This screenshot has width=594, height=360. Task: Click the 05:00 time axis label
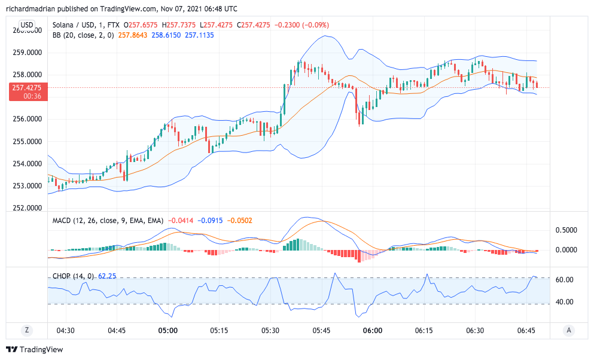click(167, 330)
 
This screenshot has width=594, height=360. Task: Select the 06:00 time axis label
click(373, 330)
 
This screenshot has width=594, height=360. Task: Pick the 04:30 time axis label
click(65, 330)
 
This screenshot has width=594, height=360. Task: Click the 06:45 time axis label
click(526, 330)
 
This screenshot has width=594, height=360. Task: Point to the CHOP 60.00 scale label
click(565, 280)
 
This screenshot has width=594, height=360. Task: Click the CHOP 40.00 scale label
click(565, 302)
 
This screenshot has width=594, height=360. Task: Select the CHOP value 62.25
click(107, 276)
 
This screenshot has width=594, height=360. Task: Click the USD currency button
click(26, 25)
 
